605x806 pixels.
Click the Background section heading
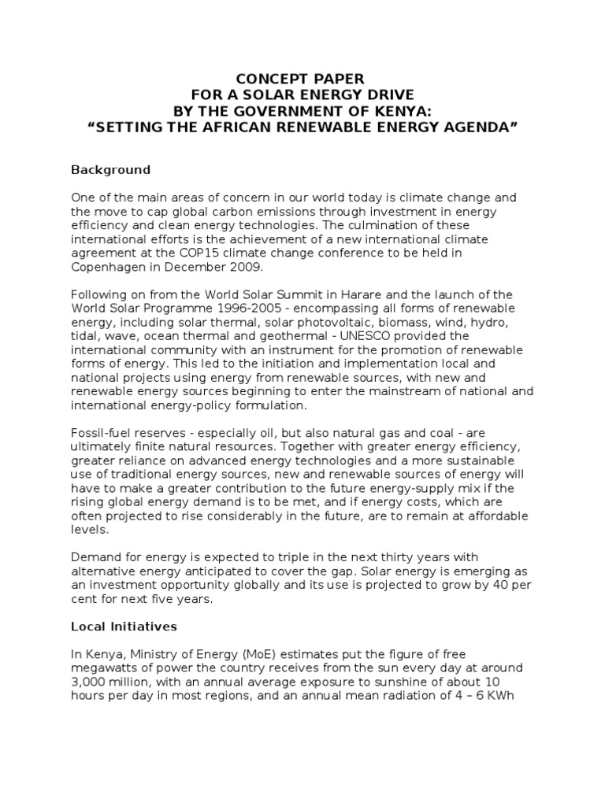click(x=110, y=169)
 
